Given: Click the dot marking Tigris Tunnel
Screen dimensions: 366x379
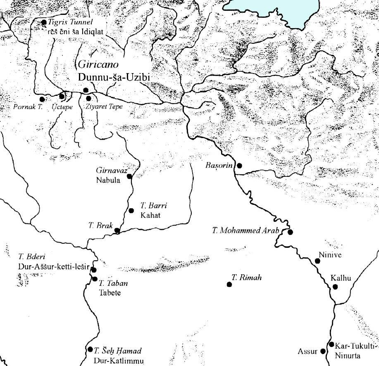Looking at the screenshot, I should point(44,22).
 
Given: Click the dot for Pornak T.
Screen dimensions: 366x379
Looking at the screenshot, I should point(42,99).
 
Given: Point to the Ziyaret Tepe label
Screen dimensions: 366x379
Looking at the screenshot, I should point(104,107).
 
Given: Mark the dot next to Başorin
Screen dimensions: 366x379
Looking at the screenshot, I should point(239,166).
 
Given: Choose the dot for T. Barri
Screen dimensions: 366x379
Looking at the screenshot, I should point(131,211).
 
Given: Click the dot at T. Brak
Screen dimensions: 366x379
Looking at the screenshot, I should point(117,231).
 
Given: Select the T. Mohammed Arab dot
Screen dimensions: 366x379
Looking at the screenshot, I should point(290,232).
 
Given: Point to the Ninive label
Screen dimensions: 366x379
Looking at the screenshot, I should point(330,255).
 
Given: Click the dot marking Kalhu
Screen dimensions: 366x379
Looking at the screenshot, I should point(335,287).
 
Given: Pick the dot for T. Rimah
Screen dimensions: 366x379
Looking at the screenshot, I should point(229,284).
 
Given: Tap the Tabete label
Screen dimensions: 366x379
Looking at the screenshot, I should point(109,293).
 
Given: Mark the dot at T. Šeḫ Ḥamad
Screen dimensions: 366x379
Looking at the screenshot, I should point(91,349).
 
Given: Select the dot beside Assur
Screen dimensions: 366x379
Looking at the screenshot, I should point(323,351).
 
